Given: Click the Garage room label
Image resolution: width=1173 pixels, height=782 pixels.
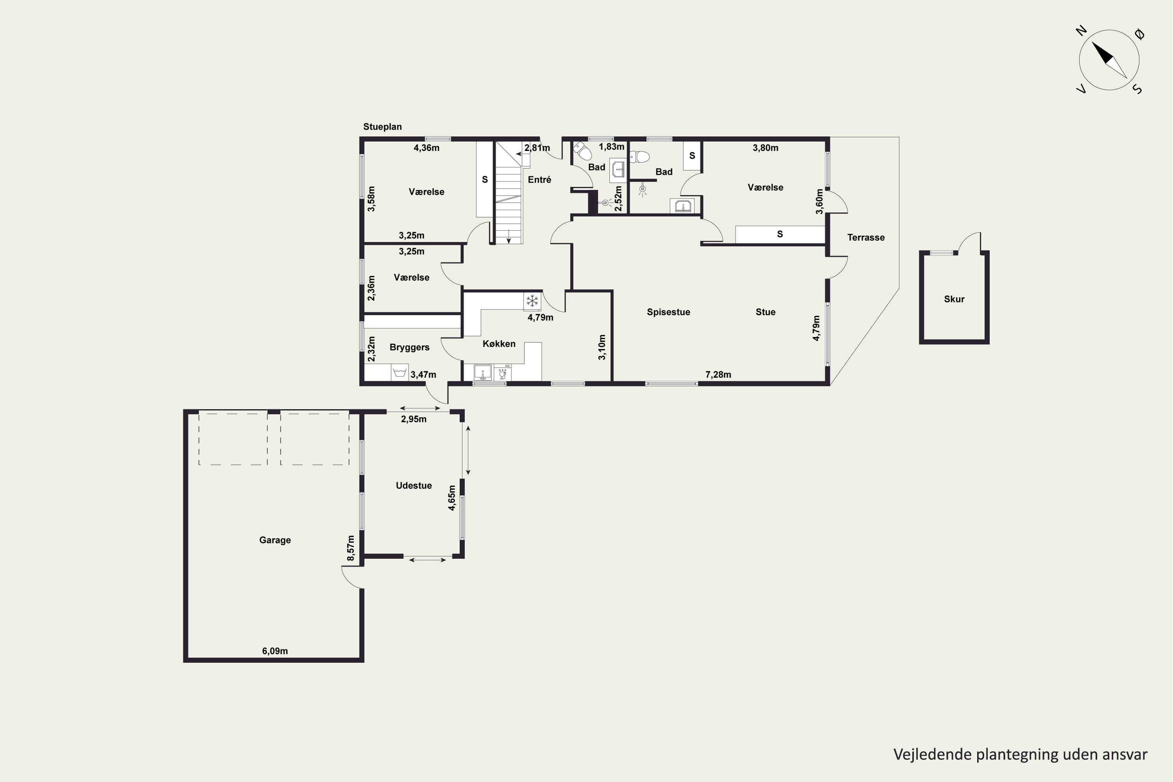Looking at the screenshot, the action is (275, 540).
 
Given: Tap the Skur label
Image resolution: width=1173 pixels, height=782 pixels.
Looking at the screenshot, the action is (954, 299).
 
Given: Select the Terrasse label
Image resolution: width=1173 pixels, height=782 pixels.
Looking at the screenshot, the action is (866, 237).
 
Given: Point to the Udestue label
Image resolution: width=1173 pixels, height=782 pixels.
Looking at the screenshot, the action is (413, 485).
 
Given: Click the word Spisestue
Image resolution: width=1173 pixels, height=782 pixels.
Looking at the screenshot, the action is (668, 312).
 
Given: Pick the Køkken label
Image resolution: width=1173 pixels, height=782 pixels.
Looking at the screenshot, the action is (499, 344).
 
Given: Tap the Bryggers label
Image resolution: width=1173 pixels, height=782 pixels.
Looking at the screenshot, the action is (409, 348).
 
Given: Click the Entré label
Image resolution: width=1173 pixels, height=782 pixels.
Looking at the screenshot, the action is (539, 179).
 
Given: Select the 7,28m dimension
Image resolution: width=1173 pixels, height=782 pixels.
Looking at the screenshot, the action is (718, 375).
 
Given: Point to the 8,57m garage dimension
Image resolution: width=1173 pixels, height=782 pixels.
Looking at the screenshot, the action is (351, 548).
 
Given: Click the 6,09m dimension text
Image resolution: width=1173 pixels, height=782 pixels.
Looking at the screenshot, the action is (275, 651).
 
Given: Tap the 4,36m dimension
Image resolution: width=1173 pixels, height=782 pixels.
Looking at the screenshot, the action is (427, 148).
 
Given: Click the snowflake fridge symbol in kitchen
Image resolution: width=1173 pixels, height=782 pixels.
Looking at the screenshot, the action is (532, 301).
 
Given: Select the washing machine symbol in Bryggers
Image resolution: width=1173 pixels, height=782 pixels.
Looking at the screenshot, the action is (400, 373).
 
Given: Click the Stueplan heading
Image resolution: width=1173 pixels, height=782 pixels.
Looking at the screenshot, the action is (382, 127).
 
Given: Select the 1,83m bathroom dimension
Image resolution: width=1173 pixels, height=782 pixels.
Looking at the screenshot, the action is (612, 147).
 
